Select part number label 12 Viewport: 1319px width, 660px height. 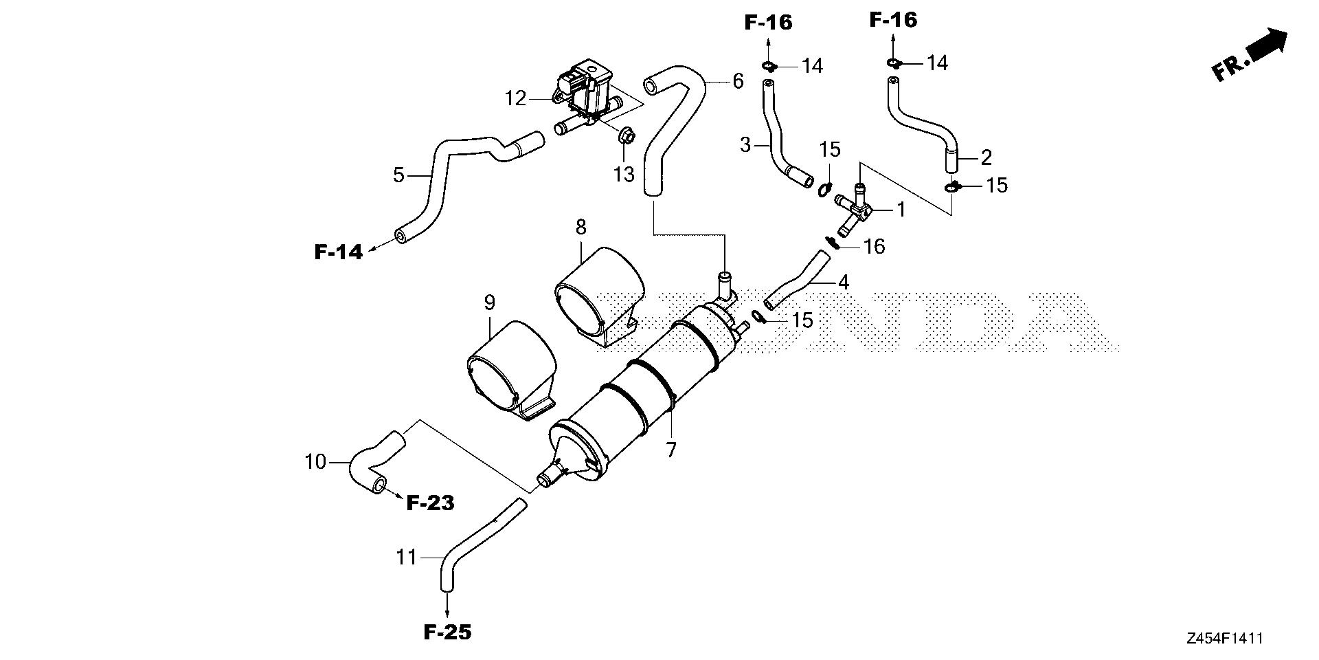pyautogui.click(x=515, y=99)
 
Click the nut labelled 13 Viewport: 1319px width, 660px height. pyautogui.click(x=626, y=137)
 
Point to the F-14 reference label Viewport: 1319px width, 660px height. pyautogui.click(x=338, y=252)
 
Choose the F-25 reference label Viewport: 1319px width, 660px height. pyautogui.click(x=447, y=632)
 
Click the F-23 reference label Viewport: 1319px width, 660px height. pyautogui.click(x=430, y=503)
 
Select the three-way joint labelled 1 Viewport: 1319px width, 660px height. pyautogui.click(x=855, y=209)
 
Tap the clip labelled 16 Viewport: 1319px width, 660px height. pyautogui.click(x=832, y=242)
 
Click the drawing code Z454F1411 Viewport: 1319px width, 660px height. pyautogui.click(x=1224, y=639)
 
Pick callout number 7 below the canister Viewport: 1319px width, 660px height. pyautogui.click(x=671, y=450)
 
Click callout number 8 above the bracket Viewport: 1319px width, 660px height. pyautogui.click(x=581, y=226)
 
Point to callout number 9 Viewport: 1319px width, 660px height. pyautogui.click(x=489, y=302)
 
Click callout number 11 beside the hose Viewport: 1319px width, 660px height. pyautogui.click(x=407, y=557)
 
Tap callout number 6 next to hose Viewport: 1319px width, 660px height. pyautogui.click(x=738, y=81)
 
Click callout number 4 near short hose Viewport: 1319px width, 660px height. pyautogui.click(x=844, y=282)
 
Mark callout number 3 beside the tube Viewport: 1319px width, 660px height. pyautogui.click(x=746, y=146)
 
